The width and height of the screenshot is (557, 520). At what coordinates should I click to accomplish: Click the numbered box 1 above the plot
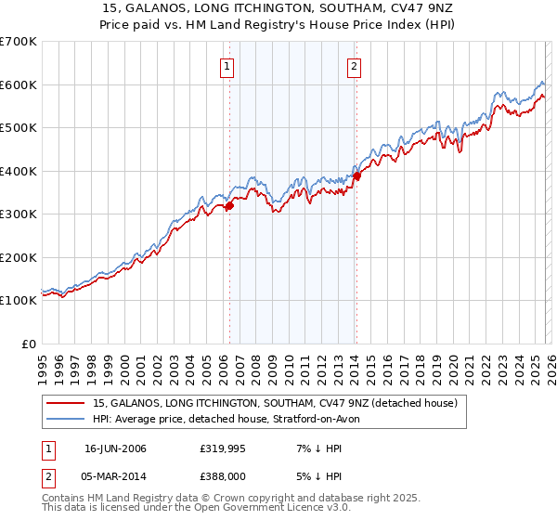pyautogui.click(x=227, y=66)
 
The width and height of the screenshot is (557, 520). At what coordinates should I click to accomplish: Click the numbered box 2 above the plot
pyautogui.click(x=355, y=66)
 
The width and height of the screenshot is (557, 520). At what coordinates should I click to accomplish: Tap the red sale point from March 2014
pyautogui.click(x=356, y=176)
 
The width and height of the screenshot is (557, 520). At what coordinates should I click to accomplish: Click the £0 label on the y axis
pyautogui.click(x=28, y=344)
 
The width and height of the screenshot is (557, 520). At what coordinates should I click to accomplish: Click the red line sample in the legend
pyautogui.click(x=66, y=404)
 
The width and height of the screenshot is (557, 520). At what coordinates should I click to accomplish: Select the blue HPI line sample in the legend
pyautogui.click(x=66, y=419)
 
